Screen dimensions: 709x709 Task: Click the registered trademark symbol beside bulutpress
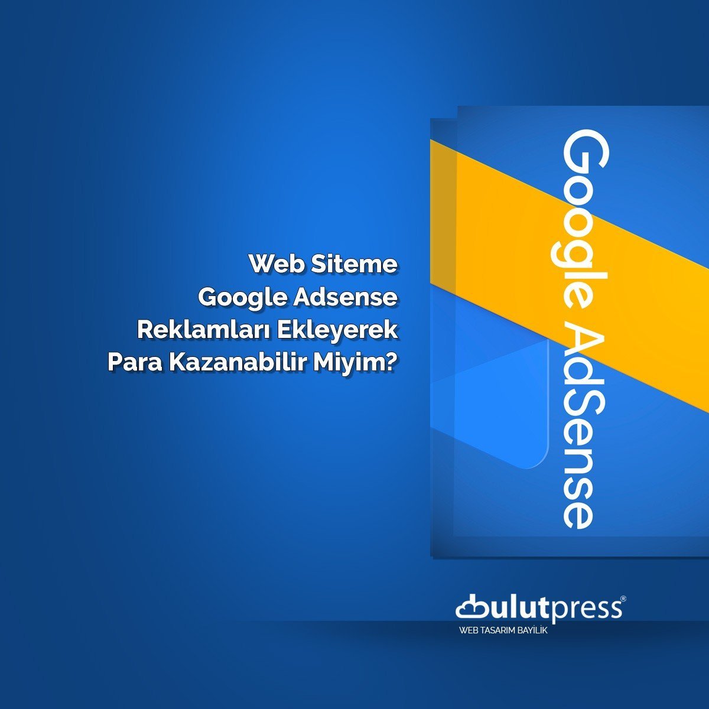[x=623, y=599]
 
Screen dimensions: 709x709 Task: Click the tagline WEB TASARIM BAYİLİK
[x=503, y=631]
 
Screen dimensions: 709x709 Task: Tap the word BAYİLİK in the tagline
[x=532, y=631]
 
